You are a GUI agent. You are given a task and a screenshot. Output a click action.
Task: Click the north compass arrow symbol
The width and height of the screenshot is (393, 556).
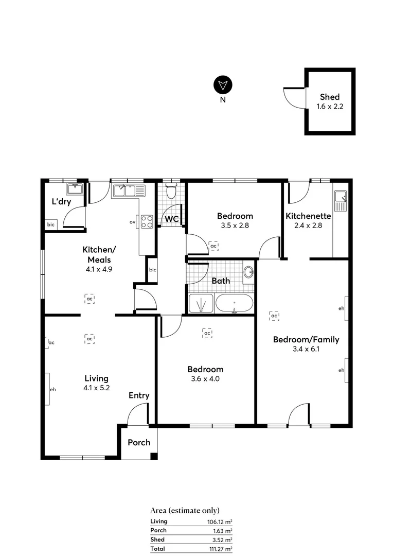223,84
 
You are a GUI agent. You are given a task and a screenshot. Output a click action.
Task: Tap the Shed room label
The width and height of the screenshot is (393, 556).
330,97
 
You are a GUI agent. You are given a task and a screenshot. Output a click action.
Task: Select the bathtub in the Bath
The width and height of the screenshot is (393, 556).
234,303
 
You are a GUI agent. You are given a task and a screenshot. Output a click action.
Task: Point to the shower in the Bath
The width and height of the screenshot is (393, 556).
201,303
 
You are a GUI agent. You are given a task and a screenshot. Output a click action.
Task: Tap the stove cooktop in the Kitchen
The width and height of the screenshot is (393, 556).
147,221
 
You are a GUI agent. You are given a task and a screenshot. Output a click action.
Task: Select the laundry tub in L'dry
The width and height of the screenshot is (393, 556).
75,189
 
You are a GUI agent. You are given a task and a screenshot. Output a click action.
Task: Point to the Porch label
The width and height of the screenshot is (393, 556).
139,442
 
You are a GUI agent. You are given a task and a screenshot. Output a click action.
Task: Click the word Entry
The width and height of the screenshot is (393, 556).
139,395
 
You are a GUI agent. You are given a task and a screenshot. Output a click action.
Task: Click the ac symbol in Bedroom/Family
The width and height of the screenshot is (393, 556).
274,316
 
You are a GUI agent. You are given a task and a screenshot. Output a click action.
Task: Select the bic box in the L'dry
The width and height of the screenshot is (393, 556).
51,225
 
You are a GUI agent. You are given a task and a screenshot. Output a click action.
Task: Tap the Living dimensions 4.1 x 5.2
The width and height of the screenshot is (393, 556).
97,388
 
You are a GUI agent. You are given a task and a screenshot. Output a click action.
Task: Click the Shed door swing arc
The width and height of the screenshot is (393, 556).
289,98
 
